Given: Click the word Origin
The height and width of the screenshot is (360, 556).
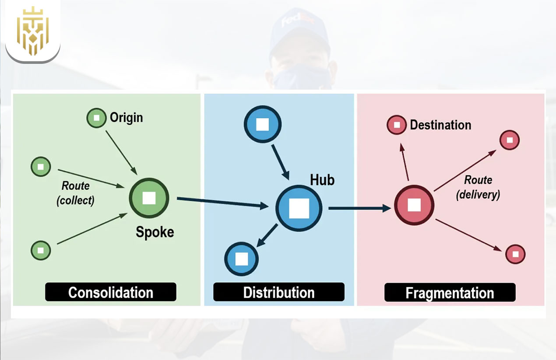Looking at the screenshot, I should [126, 118].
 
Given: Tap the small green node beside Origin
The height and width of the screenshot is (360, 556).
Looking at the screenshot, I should [96, 118].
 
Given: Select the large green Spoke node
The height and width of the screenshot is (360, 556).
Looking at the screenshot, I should [149, 198].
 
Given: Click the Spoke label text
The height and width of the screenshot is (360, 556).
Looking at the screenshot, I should [155, 232].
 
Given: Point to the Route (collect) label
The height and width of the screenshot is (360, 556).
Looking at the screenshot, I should [75, 193].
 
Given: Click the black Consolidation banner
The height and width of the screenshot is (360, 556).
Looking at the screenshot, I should [111, 292].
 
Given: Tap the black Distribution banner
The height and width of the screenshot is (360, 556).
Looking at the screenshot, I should [279, 292].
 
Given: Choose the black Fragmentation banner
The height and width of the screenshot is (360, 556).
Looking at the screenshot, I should [450, 293].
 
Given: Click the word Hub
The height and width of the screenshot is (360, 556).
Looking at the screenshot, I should [322, 180].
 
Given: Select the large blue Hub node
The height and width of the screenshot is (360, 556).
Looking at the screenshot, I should [299, 208].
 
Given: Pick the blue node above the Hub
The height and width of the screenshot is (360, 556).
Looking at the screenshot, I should [262, 125].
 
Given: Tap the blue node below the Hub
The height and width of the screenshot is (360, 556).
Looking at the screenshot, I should [242, 259].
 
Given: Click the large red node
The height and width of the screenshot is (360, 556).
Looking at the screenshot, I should [414, 205].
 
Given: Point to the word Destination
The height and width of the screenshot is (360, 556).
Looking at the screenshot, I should [440, 125].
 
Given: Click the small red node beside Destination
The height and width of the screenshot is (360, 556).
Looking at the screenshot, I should [397, 125].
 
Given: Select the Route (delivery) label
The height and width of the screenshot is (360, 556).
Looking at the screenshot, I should [478, 187].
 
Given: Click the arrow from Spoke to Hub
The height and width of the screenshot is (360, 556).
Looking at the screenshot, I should [222, 203].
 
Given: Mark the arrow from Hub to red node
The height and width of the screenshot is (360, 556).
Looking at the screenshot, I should [359, 209].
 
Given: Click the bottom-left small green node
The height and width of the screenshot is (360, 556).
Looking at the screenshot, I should [41, 251].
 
